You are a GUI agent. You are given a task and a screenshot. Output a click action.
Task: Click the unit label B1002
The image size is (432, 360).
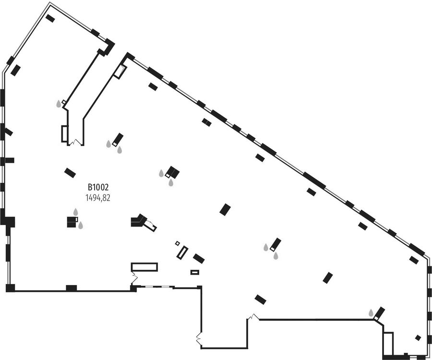pos(98,187)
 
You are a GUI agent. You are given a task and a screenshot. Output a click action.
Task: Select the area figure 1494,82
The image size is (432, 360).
pos(98,198)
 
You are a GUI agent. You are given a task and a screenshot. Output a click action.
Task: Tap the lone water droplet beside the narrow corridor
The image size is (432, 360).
pos(59,104)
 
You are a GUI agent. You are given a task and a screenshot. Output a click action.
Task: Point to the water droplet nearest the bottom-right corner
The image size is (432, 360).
pos(371,313)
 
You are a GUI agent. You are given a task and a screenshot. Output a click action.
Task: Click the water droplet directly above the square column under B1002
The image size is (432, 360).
pos(75,212)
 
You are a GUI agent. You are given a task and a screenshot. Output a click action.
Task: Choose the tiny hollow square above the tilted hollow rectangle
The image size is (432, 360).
pos(178,243)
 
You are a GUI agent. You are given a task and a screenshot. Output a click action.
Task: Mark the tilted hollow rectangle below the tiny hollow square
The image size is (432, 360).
pos(182,253)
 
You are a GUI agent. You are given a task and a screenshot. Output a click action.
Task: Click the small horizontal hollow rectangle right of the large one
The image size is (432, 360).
pos(195,272)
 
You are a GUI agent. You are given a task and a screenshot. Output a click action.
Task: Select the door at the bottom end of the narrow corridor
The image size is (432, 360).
pos(75,143)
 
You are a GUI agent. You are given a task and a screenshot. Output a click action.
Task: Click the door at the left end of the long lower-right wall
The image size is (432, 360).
pos(253,317)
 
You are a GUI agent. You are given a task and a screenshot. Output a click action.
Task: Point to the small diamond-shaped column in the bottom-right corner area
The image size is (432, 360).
pos(418,338)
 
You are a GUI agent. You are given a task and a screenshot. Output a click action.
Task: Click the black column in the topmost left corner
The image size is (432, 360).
pos(50,18)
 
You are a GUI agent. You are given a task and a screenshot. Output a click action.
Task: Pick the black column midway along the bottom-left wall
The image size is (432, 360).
pos(72,288)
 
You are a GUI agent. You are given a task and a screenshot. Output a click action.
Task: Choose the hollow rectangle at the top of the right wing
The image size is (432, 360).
pos(120,72)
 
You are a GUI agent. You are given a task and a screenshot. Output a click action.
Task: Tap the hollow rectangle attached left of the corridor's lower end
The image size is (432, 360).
pos(64,134)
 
